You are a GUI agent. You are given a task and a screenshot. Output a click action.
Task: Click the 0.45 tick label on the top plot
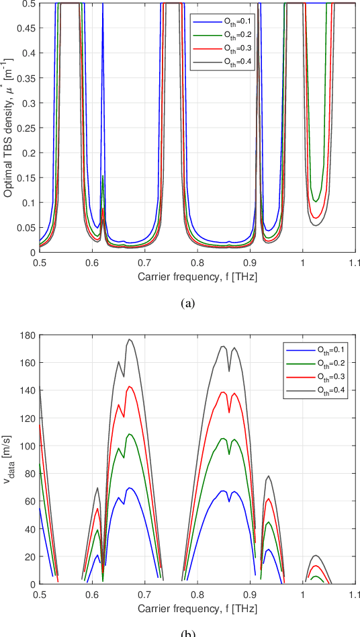pyautogui.click(x=26, y=28)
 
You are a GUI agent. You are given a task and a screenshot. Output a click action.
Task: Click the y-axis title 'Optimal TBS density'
pyautogui.click(x=9, y=128)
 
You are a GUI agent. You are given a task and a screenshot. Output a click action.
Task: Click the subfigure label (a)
pyautogui.click(x=189, y=303)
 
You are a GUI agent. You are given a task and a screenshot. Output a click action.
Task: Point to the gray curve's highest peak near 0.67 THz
pyautogui.click(x=130, y=339)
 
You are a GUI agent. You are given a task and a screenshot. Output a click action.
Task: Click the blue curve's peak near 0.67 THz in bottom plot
pyautogui.click(x=130, y=488)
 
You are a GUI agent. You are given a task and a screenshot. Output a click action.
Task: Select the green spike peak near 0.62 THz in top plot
pyautogui.click(x=102, y=176)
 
